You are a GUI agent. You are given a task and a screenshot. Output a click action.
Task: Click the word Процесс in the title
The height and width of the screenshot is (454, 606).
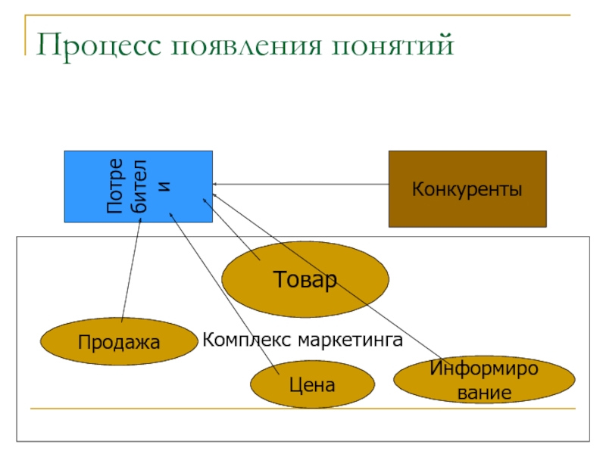coord(98,46)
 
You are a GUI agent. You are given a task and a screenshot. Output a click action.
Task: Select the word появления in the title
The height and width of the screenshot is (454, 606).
coord(246,45)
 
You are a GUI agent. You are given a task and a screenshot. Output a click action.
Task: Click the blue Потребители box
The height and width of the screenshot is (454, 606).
coord(139,186)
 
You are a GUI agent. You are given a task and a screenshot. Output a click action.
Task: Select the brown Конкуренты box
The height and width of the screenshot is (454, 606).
coord(467,188)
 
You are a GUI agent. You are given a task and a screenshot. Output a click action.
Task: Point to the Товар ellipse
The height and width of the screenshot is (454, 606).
coord(305,279)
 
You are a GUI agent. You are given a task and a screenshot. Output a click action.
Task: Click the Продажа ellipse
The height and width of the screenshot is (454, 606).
coord(119,341)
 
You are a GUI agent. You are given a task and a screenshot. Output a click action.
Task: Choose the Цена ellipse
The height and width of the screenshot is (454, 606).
coord(312,384)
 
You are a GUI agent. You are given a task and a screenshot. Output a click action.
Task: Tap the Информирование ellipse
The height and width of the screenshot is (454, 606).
coord(484,380)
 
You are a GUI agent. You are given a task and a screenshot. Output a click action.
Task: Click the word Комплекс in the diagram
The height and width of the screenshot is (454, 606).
coord(247,340)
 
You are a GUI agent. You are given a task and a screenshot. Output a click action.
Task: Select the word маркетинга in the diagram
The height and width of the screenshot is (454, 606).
coord(351,340)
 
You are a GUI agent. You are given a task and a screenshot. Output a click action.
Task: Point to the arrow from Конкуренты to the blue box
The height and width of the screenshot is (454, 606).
coord(301,184)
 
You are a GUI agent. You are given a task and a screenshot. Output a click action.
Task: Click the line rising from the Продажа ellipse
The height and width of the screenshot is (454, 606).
coord(131,270)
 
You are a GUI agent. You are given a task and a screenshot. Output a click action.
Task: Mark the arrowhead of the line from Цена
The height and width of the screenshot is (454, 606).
coord(170,213)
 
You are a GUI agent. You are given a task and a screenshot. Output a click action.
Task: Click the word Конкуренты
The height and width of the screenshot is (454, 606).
coord(467,189)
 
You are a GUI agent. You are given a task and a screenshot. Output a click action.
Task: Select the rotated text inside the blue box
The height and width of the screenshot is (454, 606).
coord(138,186)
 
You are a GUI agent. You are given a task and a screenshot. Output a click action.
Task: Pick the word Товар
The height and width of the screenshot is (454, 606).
coord(305,279)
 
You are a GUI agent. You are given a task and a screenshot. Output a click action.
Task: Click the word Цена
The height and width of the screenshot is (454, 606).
coord(312,385)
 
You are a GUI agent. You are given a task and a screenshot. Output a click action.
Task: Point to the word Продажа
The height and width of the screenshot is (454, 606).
coord(119,342)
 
